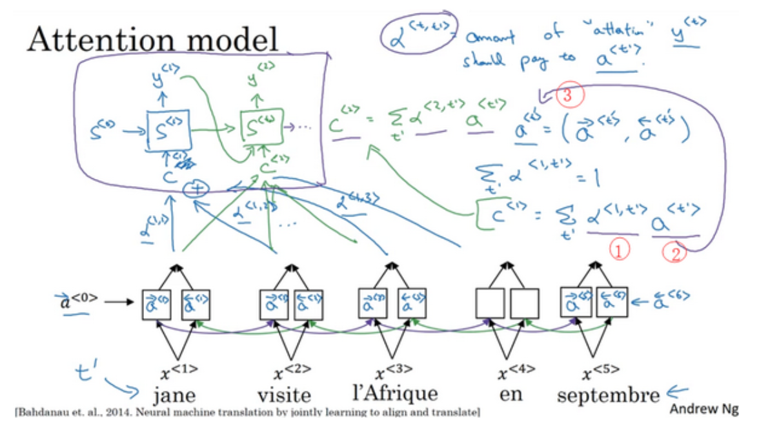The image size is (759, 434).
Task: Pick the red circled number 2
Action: (x=674, y=251)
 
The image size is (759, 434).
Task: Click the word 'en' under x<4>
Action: (x=511, y=394)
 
